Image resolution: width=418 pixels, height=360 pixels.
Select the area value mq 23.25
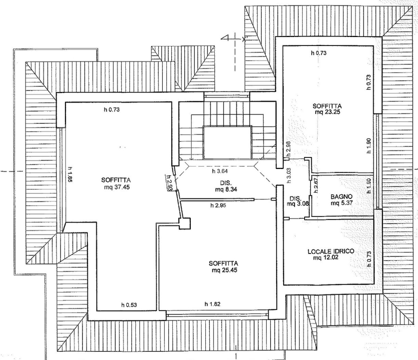coord(327,112)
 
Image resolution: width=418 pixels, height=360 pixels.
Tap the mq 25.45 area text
coord(223,270)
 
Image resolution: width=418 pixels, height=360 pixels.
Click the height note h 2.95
coord(219,205)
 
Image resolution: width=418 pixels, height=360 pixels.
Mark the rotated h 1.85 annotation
coord(70,175)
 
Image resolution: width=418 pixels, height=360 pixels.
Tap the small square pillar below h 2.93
coord(185,224)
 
